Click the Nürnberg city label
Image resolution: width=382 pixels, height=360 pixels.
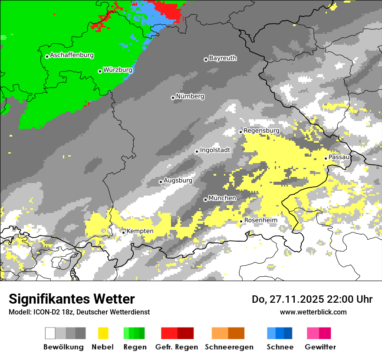pos(190,96)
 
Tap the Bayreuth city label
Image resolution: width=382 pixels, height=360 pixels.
pos(223,58)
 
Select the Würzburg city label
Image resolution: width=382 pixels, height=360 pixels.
pos(118,70)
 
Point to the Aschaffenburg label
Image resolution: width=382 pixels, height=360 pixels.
pos(72,55)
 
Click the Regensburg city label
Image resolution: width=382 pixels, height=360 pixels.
pos(261,131)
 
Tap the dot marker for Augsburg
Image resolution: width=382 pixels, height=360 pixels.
pos(161,182)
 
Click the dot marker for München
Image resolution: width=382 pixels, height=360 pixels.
pos(205,200)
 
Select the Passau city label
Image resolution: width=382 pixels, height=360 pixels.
pos(339,157)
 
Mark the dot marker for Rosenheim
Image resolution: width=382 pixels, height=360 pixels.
pos(241,221)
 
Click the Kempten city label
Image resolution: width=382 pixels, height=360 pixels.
pos(140,231)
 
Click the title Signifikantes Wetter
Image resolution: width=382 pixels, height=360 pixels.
pos(72,299)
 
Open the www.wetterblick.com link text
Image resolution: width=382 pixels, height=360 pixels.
pos(313,312)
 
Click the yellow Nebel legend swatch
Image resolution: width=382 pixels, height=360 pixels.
pos(103,333)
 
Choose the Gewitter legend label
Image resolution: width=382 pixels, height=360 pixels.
pos(320,347)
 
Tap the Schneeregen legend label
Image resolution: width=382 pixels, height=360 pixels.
pos(229,347)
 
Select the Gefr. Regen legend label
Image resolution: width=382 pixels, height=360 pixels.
pos(177,347)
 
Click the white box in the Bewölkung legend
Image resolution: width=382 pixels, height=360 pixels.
pos(50,333)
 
